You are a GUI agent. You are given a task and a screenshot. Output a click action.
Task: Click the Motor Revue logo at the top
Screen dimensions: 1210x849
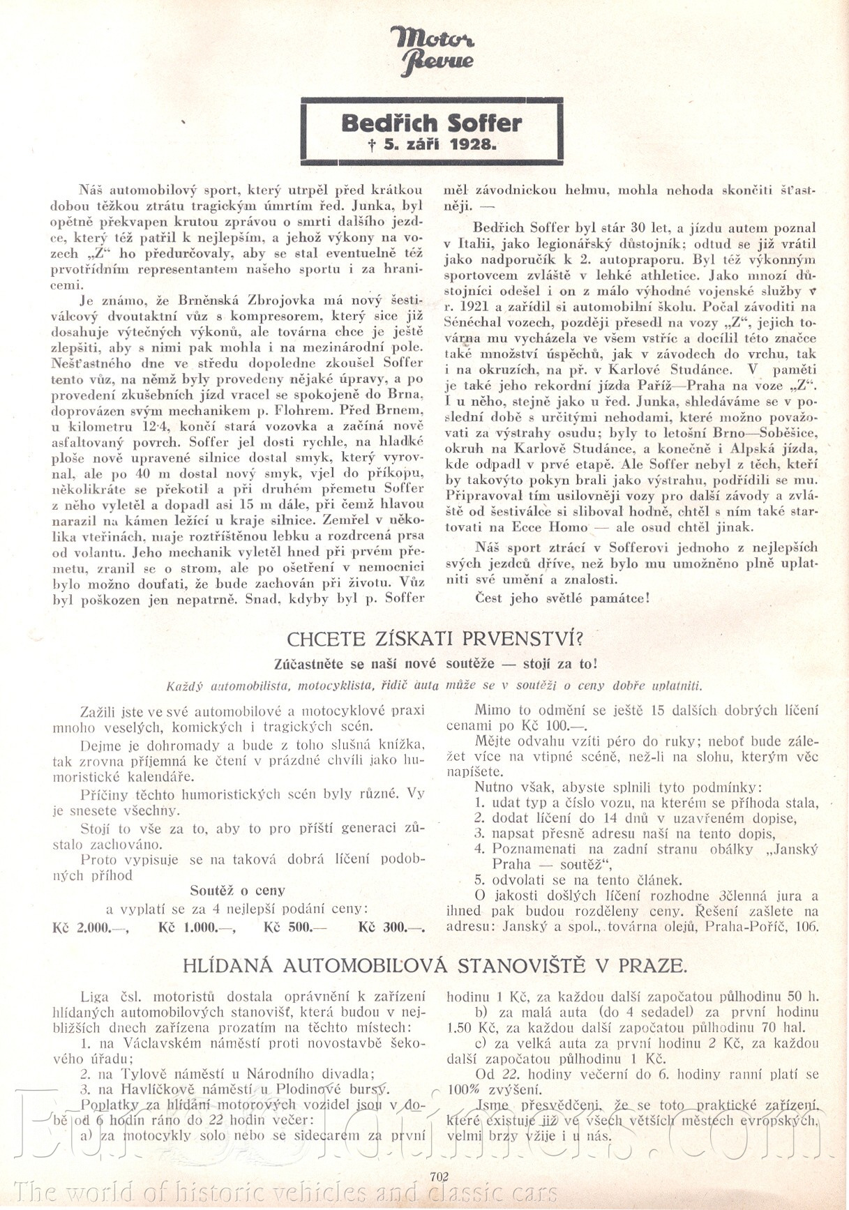433,50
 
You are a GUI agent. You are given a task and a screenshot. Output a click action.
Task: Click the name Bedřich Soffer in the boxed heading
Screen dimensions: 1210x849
432,123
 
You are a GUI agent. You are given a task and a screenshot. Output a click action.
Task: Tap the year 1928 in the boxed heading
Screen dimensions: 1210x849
472,145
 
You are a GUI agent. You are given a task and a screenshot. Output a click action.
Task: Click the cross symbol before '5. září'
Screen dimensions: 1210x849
373,145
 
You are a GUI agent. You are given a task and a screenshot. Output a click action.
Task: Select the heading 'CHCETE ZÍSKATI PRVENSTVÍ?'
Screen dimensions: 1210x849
435,638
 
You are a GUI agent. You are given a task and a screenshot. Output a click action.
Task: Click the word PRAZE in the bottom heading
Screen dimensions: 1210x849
649,966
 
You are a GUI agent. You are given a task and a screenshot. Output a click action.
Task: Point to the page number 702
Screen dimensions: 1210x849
439,1176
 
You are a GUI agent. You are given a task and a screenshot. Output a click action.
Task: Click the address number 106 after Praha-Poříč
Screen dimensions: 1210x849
808,927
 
